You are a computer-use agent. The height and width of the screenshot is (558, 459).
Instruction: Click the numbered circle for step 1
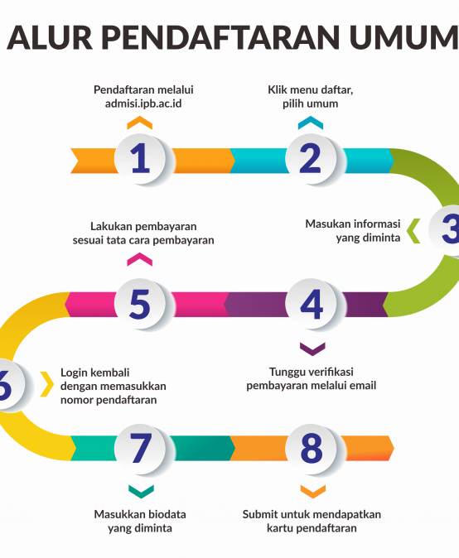(x=140, y=158)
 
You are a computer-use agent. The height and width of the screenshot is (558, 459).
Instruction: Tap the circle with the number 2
(x=311, y=158)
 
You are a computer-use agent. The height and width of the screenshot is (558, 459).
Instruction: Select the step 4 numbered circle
(x=311, y=304)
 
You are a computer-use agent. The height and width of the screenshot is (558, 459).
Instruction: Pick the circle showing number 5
(x=140, y=304)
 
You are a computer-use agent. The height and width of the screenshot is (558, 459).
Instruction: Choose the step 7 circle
(x=140, y=449)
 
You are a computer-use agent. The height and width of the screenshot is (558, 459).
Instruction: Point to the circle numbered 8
(x=311, y=449)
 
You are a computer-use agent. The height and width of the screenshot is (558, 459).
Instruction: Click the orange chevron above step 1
(x=139, y=123)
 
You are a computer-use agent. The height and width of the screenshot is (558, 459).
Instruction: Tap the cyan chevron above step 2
(x=311, y=123)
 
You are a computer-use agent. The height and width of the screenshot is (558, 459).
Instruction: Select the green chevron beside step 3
(x=413, y=231)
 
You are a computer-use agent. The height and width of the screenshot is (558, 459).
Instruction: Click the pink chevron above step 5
(x=139, y=259)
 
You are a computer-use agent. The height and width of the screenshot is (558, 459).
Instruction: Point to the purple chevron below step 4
(x=312, y=349)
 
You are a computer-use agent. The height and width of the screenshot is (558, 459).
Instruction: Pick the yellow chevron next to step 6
(x=47, y=384)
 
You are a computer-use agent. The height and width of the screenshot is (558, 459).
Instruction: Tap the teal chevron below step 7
(x=141, y=492)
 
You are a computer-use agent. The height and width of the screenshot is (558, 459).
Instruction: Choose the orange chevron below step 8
(x=313, y=492)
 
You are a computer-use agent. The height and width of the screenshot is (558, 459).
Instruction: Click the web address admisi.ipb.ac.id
(x=143, y=103)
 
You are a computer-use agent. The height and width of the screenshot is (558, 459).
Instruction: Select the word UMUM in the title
(x=403, y=38)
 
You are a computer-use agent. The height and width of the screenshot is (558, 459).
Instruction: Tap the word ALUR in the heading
(x=50, y=38)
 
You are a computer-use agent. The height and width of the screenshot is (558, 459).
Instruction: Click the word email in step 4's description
(x=363, y=386)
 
